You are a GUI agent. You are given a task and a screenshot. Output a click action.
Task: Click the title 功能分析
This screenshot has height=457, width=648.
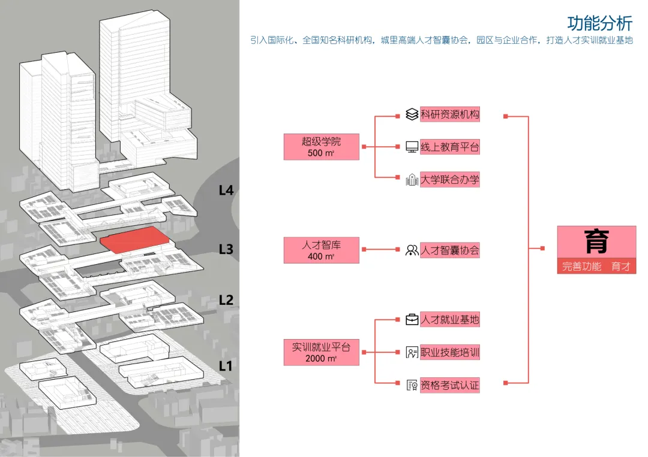[x=599, y=23]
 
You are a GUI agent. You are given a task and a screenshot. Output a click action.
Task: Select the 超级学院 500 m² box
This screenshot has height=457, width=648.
[x=321, y=147]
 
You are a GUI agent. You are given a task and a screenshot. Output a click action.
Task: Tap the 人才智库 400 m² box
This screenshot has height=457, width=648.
[x=321, y=250]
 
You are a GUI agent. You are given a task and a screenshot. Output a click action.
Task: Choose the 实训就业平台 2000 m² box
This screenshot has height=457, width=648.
[x=321, y=352]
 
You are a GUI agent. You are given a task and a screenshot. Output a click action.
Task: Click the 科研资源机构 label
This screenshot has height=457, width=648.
[x=449, y=114]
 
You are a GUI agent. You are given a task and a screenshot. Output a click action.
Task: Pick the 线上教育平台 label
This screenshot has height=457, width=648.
[x=449, y=147]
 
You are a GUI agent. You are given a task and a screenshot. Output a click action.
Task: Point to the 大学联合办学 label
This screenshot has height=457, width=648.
[x=449, y=180]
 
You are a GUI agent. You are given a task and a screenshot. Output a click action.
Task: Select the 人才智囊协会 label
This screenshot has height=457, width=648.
[x=449, y=250]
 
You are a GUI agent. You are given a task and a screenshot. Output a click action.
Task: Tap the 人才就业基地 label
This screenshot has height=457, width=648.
[x=449, y=320]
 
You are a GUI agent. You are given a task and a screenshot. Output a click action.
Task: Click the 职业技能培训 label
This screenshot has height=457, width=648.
[x=449, y=352]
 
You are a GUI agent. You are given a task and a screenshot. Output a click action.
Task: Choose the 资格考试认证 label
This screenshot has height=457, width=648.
[x=449, y=385]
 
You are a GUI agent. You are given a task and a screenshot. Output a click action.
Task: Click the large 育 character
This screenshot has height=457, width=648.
[x=596, y=242]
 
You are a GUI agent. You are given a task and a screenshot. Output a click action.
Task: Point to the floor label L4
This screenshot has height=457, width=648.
[x=226, y=190]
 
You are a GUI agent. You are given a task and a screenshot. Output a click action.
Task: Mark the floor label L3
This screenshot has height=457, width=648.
[x=226, y=249]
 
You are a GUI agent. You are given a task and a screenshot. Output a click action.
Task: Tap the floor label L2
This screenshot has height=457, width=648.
[x=226, y=300]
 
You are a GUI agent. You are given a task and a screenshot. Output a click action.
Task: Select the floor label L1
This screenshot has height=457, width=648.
[x=226, y=366]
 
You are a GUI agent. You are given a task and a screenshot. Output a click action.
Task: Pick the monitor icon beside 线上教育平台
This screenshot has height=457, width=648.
[x=412, y=147]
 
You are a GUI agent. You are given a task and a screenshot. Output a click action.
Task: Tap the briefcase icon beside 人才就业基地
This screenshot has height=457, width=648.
[x=412, y=320]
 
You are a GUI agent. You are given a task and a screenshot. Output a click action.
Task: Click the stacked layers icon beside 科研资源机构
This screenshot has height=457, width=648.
[x=412, y=114]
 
